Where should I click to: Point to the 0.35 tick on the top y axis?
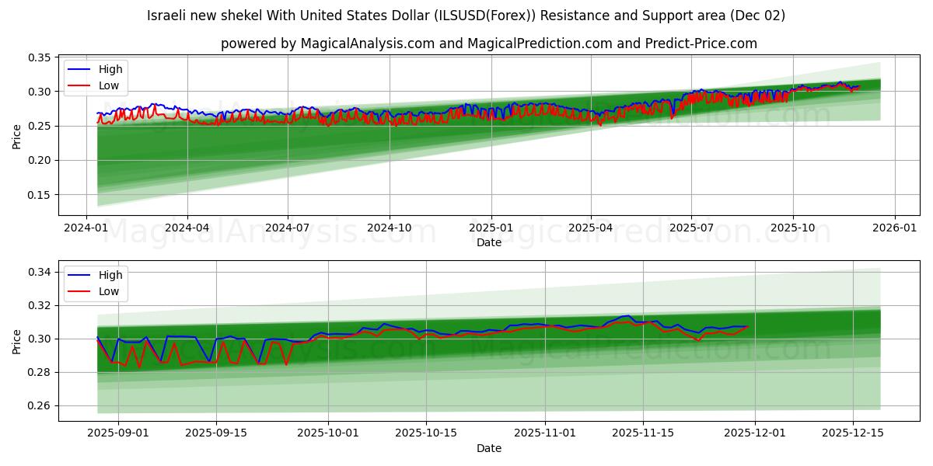coord(40,57)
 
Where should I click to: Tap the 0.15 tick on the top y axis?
coord(40,195)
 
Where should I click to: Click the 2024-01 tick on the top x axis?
coord(86,228)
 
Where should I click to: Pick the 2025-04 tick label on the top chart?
coord(590,228)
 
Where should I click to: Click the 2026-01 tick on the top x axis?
coord(894,228)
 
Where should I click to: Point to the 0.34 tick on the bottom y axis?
coord(40,272)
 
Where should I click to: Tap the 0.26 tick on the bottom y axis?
coord(40,405)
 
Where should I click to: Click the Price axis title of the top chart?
coord(16,136)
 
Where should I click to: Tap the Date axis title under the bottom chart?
coord(489,448)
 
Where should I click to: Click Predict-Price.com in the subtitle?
coord(702,43)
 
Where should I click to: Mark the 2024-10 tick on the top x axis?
coord(389,228)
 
